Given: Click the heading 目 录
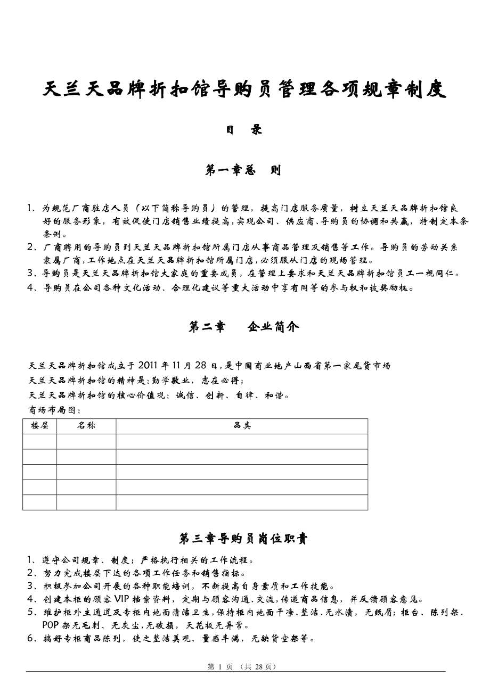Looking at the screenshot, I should tap(244, 129).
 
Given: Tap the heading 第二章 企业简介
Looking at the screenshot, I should tap(244, 327).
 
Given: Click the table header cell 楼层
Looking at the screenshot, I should tap(39, 426).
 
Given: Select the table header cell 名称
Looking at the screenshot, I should tap(86, 426).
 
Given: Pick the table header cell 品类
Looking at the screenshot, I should tap(242, 426).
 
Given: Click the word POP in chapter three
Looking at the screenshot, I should tap(52, 625).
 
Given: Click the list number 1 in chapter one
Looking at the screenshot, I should tap(30, 208).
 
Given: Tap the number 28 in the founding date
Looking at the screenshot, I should tap(200, 366).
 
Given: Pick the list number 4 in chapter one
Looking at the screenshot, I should tap(30, 288).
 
